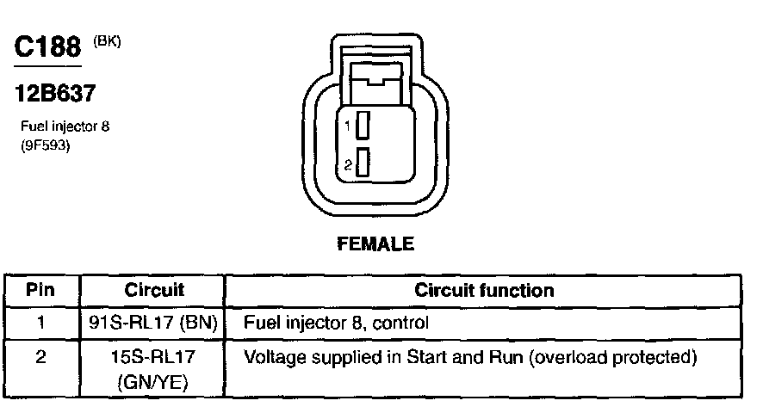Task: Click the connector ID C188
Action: point(47,47)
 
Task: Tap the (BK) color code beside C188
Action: point(108,40)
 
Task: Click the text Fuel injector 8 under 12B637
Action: point(65,126)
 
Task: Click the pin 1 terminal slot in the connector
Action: point(363,126)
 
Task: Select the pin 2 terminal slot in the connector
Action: point(363,163)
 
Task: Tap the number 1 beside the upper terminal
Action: point(349,126)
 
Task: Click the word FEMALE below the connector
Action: point(375,244)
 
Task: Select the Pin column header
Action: point(40,291)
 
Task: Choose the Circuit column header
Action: point(154,291)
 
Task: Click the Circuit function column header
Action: point(484,291)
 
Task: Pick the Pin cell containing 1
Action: point(40,324)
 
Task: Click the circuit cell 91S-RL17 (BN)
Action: point(154,324)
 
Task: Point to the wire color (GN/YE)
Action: point(154,379)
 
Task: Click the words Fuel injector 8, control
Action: point(337,324)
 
